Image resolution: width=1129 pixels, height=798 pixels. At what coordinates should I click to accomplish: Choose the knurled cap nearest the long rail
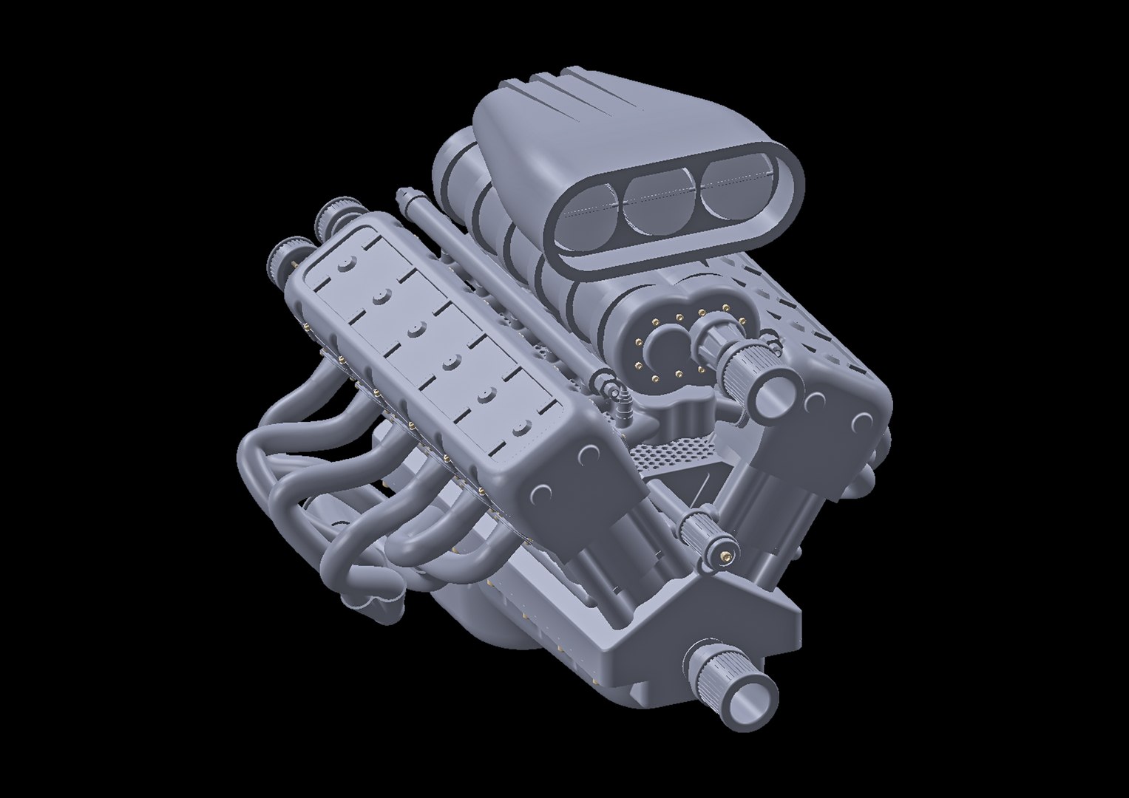pos(330,214)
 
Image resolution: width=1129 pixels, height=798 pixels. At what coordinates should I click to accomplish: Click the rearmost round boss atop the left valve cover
pos(345,263)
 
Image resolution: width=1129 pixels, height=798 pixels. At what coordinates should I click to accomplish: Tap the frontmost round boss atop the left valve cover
pos(521,426)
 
